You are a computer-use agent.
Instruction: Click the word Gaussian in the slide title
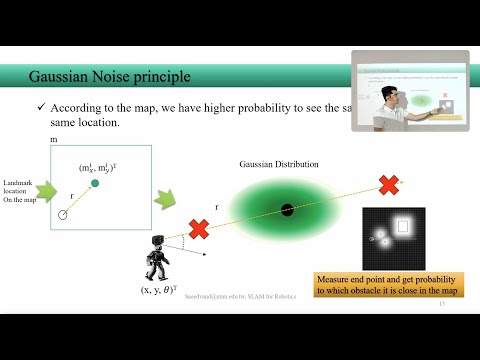coord(56,76)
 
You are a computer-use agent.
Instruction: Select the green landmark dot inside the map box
coord(95,184)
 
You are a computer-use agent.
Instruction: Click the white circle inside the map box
coord(63,214)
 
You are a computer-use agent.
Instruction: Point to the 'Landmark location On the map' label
coord(20,189)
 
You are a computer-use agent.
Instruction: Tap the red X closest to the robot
coord(199,228)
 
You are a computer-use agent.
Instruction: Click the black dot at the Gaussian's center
coord(287,209)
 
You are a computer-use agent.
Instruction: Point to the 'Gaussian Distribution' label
coord(278,163)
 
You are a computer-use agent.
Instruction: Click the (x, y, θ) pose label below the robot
coord(160,291)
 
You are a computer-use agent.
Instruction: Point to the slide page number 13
coord(441,317)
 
